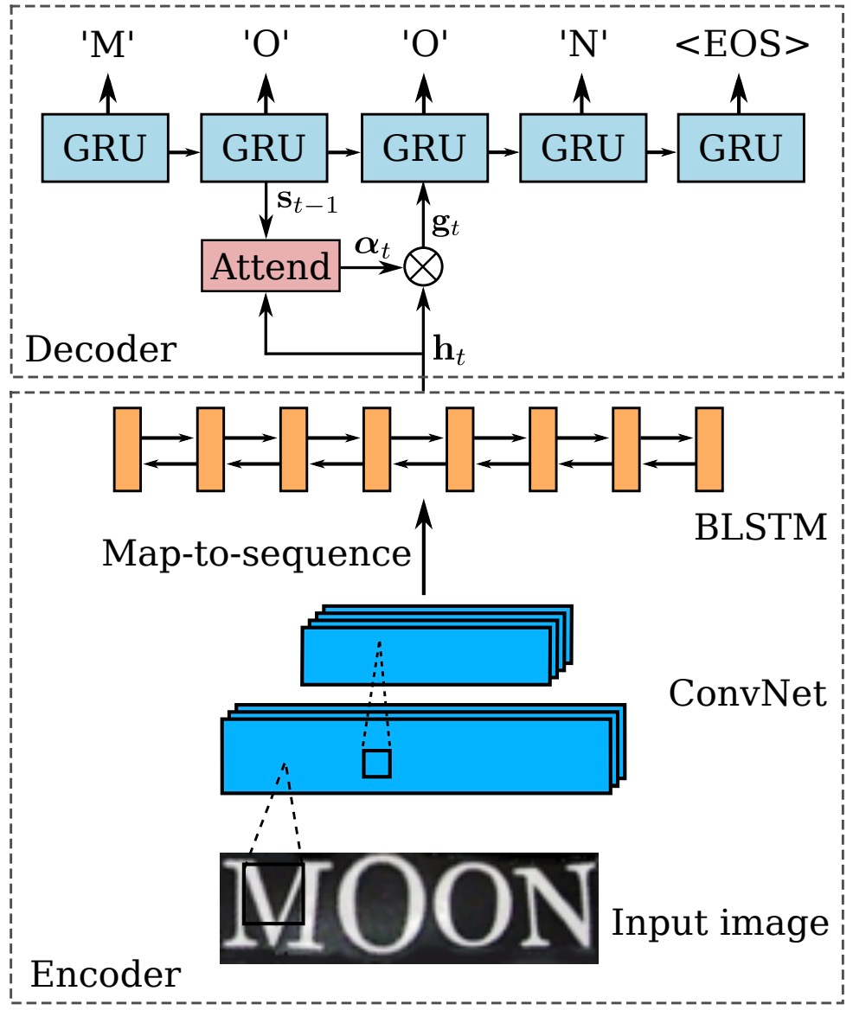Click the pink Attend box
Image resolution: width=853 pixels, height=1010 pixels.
click(271, 266)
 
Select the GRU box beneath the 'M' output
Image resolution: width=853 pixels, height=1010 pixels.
click(105, 148)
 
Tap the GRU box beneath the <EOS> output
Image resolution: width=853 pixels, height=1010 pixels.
click(741, 148)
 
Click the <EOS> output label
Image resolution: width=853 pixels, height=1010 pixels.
click(742, 44)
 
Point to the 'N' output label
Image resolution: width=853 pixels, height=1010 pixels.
click(582, 44)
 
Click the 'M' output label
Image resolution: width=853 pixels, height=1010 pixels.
click(107, 44)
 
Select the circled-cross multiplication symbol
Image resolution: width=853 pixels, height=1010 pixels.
click(423, 266)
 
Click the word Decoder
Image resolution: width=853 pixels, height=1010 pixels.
click(100, 349)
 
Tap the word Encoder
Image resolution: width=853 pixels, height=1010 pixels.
click(106, 974)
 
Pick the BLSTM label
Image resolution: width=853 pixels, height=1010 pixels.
click(761, 527)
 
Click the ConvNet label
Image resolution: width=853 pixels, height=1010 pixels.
click(747, 694)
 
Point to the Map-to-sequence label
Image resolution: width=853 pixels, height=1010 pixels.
click(256, 553)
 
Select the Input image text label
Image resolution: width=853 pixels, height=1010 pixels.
click(720, 923)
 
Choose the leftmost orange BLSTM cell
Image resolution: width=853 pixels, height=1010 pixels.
click(127, 450)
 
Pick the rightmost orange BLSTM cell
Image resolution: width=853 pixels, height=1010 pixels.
click(709, 450)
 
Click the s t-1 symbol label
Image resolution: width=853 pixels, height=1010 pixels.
click(306, 201)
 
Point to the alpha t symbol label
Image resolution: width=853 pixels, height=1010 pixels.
click(372, 246)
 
